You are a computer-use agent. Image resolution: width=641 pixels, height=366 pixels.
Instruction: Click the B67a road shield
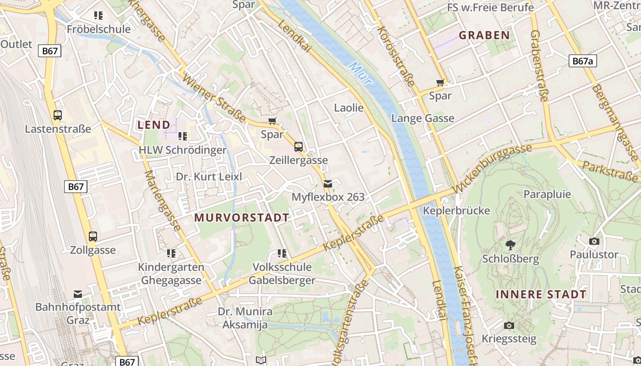(583, 61)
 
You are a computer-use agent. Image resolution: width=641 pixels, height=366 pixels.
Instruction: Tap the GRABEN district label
(484, 35)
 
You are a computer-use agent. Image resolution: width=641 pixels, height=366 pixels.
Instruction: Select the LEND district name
(154, 124)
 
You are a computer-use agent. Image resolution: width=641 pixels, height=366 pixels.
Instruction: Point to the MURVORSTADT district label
(242, 217)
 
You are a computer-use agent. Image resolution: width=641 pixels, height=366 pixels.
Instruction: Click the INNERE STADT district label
(541, 294)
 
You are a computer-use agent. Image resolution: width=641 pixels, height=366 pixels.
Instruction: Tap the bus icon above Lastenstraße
(58, 115)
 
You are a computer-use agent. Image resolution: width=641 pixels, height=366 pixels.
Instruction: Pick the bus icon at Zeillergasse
(299, 147)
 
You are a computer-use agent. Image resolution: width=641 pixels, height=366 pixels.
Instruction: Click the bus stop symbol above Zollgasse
(93, 237)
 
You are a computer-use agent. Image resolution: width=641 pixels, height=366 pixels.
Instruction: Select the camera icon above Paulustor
(594, 241)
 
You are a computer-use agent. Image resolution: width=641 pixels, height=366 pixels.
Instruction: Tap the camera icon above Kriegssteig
(509, 326)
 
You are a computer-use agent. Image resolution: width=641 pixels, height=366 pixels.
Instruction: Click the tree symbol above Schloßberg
(510, 245)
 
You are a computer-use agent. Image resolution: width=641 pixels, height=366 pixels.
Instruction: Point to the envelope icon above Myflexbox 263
(328, 184)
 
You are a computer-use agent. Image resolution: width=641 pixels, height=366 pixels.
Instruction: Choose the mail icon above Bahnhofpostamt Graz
(78, 294)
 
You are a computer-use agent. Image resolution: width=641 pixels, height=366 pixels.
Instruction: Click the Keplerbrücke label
(456, 211)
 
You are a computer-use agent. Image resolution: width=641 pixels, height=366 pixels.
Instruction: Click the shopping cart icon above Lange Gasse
(440, 83)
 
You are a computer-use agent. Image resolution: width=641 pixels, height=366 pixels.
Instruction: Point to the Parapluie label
(547, 194)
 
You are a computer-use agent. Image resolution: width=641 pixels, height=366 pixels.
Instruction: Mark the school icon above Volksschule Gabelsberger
(282, 253)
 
